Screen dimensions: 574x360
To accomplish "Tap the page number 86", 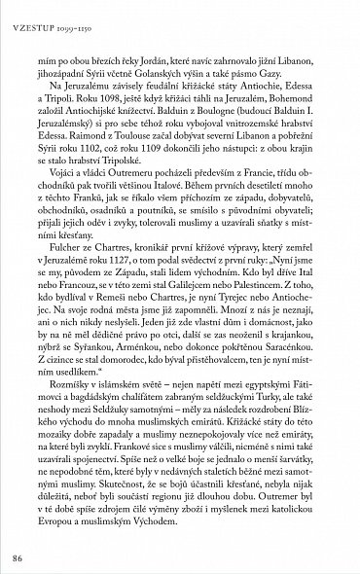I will (x=17, y=556).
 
